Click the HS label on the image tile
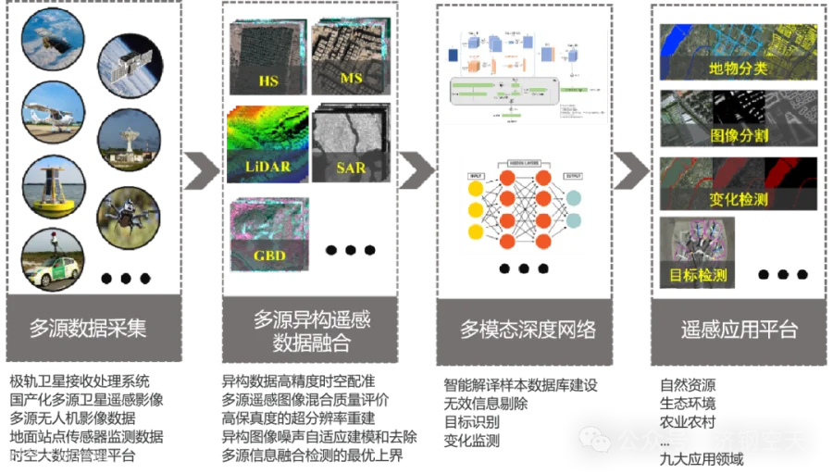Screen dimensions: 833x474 (268, 81)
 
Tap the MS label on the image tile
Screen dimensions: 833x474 (351, 79)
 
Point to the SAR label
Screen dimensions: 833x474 (351, 168)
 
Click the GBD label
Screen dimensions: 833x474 (268, 255)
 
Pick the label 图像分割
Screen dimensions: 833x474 (739, 135)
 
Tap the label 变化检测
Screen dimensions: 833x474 (739, 199)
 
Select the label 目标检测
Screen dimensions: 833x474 (698, 275)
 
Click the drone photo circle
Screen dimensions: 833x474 (130, 218)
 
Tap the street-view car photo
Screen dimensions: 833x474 (52, 256)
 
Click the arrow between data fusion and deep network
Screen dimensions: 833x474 (416, 168)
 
